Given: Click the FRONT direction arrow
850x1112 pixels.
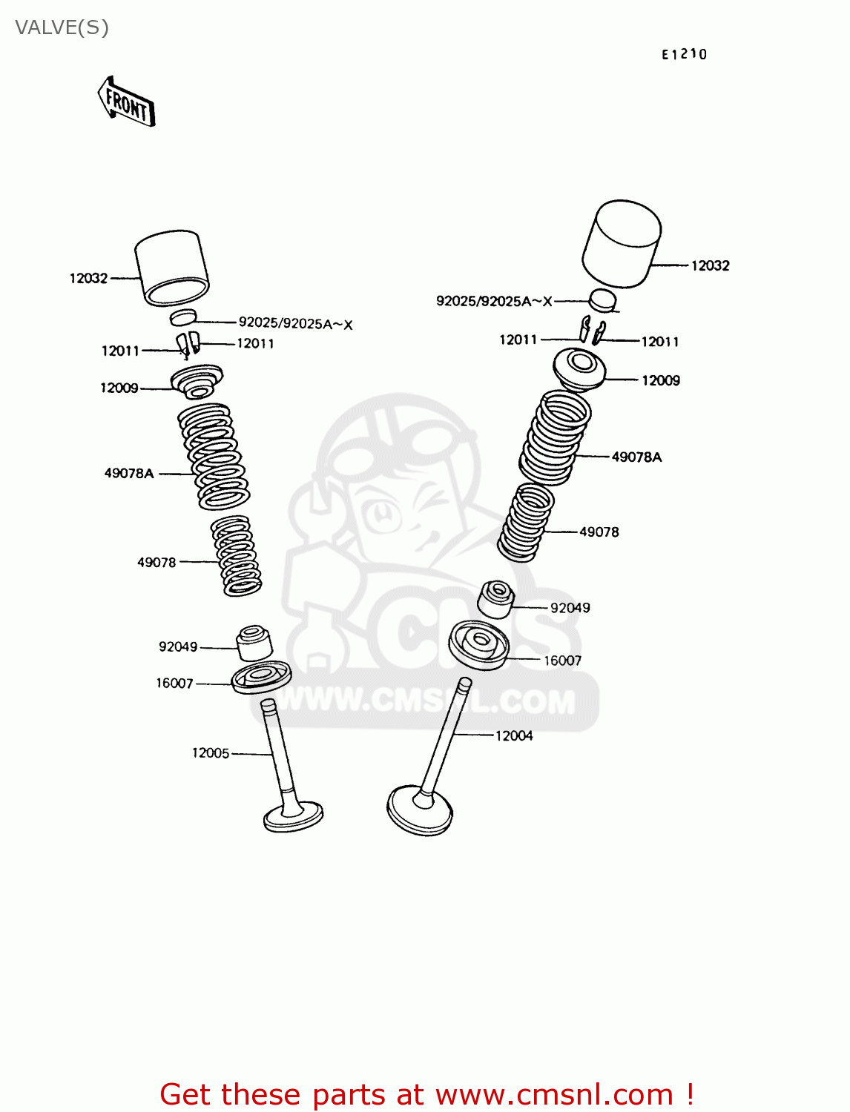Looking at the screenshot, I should pyautogui.click(x=126, y=102).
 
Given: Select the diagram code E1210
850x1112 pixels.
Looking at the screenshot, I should pyautogui.click(x=684, y=54).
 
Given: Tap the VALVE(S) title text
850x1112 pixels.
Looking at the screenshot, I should pyautogui.click(x=62, y=27).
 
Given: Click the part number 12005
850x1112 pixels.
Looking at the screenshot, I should pyautogui.click(x=211, y=753).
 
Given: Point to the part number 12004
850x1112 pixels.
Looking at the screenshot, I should pyautogui.click(x=514, y=735).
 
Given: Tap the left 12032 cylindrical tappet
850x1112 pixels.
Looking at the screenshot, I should pyautogui.click(x=172, y=268).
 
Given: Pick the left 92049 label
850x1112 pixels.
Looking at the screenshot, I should pyautogui.click(x=178, y=647).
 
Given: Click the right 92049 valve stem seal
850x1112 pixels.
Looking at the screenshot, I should pyautogui.click(x=495, y=599).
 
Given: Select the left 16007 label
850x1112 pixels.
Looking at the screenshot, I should pyautogui.click(x=174, y=684).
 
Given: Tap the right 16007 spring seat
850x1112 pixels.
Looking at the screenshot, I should pyautogui.click(x=479, y=644).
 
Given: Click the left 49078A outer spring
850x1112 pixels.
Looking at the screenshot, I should pyautogui.click(x=214, y=457).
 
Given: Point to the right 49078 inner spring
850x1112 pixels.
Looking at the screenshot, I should pyautogui.click(x=527, y=522).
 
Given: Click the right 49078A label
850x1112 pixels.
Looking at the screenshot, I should pyautogui.click(x=636, y=457).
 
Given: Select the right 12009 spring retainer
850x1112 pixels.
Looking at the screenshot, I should pyautogui.click(x=579, y=368).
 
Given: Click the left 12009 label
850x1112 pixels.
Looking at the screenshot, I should pyautogui.click(x=119, y=388).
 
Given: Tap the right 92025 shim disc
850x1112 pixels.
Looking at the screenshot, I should pyautogui.click(x=602, y=299).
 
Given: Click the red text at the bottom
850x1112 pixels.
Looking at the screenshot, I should pyautogui.click(x=426, y=1094).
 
